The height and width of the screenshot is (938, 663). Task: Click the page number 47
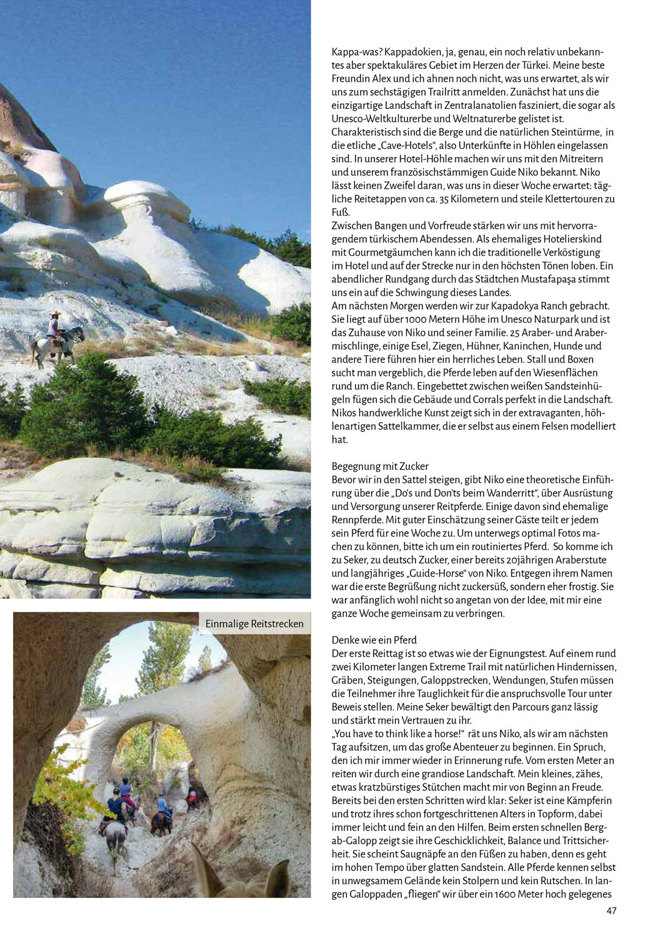click(x=611, y=911)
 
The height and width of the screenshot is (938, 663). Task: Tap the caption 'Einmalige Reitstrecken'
click(x=254, y=623)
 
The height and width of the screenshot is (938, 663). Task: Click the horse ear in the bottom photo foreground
click(x=202, y=863)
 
